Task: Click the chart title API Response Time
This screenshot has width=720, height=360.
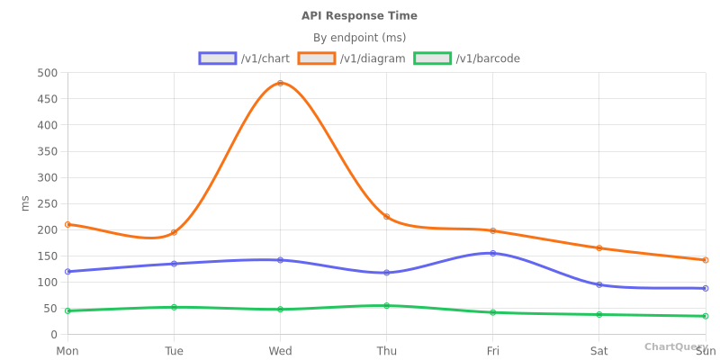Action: [359, 16]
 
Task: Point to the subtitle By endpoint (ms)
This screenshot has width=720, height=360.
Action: [359, 38]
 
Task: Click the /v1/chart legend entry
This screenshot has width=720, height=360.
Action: [245, 58]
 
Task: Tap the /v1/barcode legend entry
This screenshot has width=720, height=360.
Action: [467, 58]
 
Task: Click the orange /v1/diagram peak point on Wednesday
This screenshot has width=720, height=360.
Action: [280, 84]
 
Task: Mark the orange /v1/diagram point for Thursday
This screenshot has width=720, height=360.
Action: [386, 217]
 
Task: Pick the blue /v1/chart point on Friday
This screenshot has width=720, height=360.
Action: [492, 253]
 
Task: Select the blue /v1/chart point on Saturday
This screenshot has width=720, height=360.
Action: [598, 284]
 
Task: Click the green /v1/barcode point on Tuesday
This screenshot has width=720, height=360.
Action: [174, 307]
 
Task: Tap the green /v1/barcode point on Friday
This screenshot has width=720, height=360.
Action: [492, 312]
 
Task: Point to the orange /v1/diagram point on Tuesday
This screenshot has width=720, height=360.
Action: [174, 232]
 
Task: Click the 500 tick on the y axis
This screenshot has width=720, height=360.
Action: [48, 73]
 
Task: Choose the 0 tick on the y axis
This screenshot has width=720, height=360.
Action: [53, 335]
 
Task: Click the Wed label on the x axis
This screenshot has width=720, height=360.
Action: [280, 351]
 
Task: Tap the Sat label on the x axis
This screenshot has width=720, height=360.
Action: [598, 351]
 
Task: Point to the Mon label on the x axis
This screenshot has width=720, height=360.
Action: [67, 351]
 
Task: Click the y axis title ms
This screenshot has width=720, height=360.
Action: [25, 203]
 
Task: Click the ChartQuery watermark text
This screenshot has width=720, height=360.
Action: [675, 346]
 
